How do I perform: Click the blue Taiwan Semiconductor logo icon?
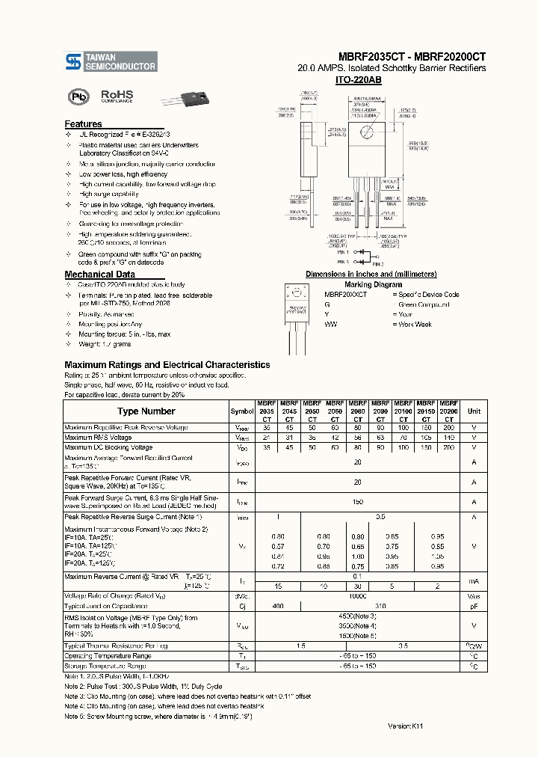click(x=72, y=61)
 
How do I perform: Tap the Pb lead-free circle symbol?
click(x=77, y=96)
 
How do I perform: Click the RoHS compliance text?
click(x=117, y=96)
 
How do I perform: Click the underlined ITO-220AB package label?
click(x=358, y=79)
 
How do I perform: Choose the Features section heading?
click(x=83, y=124)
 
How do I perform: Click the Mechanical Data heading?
click(x=99, y=275)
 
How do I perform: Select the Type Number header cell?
click(x=146, y=411)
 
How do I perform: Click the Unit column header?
click(x=474, y=411)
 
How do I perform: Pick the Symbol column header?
click(x=241, y=411)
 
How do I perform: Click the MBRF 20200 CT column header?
click(x=448, y=411)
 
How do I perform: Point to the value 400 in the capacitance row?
click(x=278, y=605)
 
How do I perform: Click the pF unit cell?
click(x=474, y=605)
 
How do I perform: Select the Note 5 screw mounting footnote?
click(x=170, y=716)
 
